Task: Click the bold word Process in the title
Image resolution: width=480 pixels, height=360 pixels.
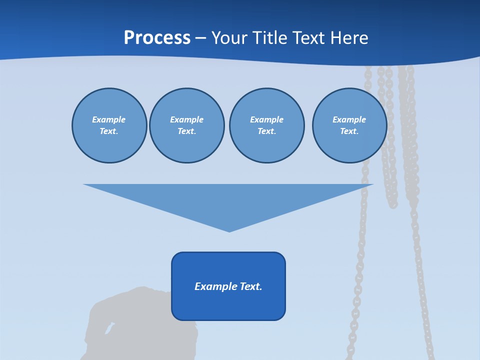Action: [x=157, y=37]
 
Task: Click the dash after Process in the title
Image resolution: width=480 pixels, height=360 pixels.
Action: [x=200, y=38]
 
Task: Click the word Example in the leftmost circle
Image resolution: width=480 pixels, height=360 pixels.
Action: [x=109, y=119]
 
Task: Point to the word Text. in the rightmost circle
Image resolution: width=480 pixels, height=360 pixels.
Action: [x=349, y=131]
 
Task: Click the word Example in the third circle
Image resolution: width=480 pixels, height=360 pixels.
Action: [x=266, y=119]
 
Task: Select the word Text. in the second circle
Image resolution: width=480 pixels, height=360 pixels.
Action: [x=186, y=131]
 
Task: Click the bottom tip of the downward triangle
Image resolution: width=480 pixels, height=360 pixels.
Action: [x=229, y=230]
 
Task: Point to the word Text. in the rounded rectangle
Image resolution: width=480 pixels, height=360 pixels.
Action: [x=251, y=286]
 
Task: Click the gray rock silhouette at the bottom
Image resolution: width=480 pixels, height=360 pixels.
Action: [x=130, y=325]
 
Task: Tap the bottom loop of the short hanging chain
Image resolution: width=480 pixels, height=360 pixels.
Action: [x=392, y=204]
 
